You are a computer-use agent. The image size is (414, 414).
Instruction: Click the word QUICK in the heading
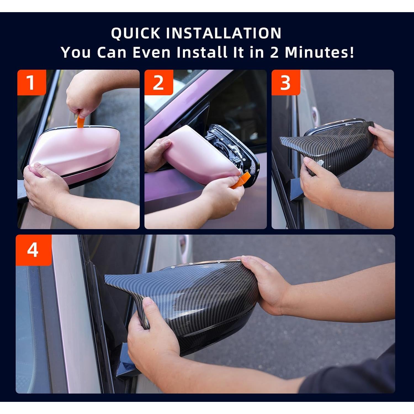pyautogui.click(x=136, y=33)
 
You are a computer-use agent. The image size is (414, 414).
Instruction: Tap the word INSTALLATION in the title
pyautogui.click(x=224, y=33)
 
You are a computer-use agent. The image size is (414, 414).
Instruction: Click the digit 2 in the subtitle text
pyautogui.click(x=274, y=52)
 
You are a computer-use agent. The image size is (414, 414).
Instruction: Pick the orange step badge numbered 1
pyautogui.click(x=31, y=83)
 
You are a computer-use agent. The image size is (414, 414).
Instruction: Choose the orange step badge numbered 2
pyautogui.click(x=159, y=83)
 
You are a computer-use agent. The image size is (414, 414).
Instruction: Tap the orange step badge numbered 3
pyautogui.click(x=286, y=83)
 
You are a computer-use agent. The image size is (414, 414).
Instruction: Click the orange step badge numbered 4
pyautogui.click(x=33, y=250)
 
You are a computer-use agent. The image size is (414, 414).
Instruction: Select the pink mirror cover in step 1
pyautogui.click(x=75, y=155)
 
